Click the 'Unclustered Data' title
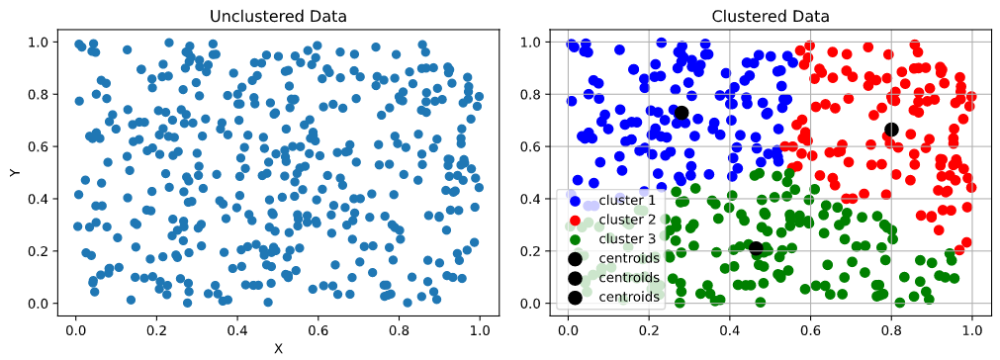(277, 17)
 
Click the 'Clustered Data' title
(770, 17)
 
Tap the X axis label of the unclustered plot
(277, 348)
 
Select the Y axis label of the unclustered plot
(15, 172)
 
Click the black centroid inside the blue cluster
(681, 113)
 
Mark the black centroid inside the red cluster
(891, 129)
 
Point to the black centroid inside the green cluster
(757, 249)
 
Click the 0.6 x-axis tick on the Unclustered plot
(318, 323)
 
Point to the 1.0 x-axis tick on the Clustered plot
(972, 323)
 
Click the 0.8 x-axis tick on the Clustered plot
(891, 323)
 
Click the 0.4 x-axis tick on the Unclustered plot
(236, 323)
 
